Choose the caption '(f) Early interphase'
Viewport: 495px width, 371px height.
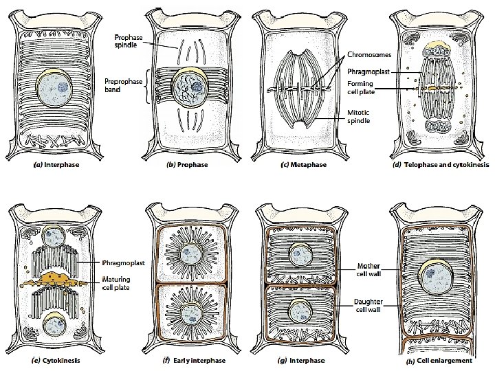click(188, 360)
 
